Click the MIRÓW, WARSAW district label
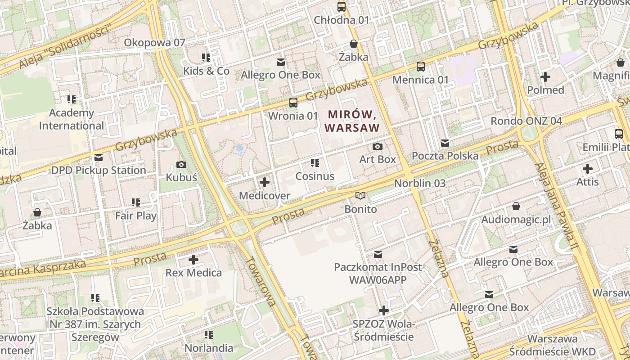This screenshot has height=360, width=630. click(352, 121)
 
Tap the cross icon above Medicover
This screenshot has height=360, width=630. click(265, 182)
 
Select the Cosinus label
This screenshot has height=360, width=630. click(315, 176)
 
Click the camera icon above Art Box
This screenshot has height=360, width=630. click(378, 146)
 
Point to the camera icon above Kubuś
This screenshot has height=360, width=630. click(181, 164)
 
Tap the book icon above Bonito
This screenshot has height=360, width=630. click(360, 195)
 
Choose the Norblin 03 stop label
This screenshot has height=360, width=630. click(419, 183)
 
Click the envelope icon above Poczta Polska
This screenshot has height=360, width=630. click(445, 143)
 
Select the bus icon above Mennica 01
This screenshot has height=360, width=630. click(421, 67)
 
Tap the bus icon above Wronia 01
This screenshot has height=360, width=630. click(293, 103)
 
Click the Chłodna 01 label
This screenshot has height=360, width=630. click(341, 20)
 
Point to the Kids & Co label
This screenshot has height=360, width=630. click(206, 71)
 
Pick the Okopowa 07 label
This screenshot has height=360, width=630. click(154, 43)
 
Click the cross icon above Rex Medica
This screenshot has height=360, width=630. click(193, 260)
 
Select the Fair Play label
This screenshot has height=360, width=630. click(136, 216)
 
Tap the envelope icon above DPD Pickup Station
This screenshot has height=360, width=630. click(99, 157)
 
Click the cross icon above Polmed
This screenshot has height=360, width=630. click(545, 77)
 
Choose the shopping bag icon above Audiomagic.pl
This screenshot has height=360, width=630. click(516, 206)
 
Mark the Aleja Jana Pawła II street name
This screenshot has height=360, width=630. click(556, 207)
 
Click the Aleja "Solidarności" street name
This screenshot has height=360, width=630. click(65, 48)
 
